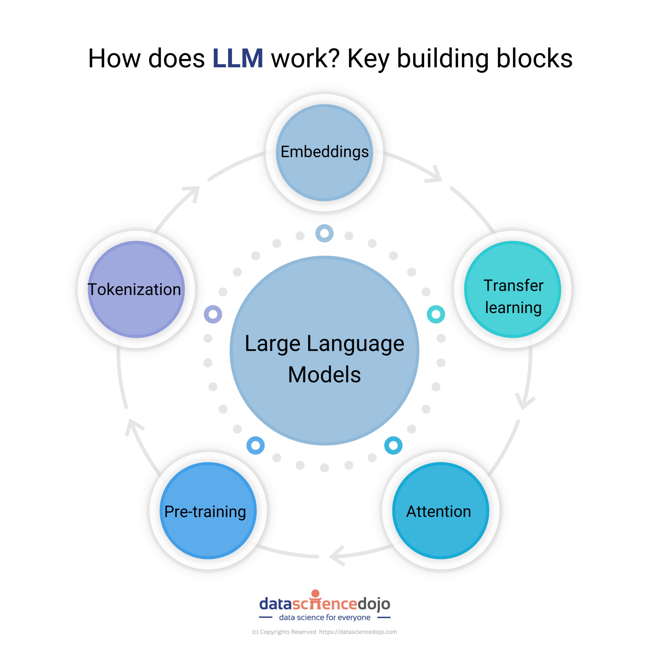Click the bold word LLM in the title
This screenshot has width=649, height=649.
[238, 59]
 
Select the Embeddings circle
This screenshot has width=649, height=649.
[324, 153]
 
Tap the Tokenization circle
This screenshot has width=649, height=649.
[136, 290]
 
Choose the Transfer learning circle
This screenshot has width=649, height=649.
[513, 290]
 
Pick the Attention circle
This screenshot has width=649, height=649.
[441, 511]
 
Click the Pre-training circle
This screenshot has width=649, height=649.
[208, 511]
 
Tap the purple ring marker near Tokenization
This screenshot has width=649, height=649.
[213, 314]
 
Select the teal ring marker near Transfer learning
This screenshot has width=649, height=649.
[436, 314]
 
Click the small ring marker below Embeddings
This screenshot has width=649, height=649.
[324, 233]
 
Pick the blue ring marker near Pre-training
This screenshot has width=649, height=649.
[256, 445]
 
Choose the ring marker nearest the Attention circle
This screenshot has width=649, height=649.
[393, 445]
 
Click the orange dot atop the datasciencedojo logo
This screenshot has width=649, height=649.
[315, 593]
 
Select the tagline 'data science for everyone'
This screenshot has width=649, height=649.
[325, 617]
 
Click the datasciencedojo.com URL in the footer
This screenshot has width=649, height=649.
[358, 632]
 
